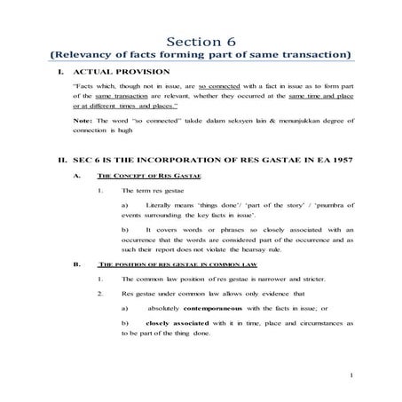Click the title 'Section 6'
tap(200, 41)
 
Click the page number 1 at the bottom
tap(351, 377)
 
